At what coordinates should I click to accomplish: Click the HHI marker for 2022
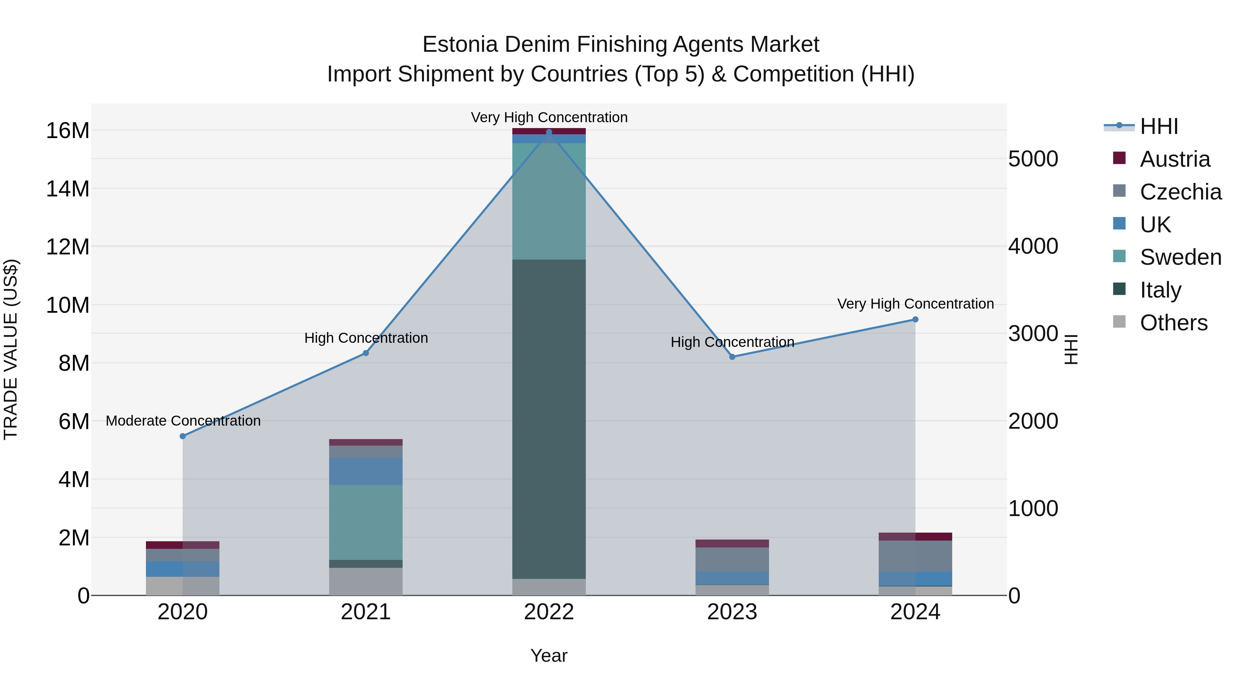click(x=549, y=132)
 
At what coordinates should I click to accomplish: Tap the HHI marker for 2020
click(x=183, y=436)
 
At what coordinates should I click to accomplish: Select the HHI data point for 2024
click(x=915, y=319)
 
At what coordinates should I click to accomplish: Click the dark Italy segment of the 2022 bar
click(x=549, y=419)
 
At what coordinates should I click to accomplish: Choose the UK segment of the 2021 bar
click(x=365, y=471)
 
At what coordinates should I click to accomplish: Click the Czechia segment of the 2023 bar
click(x=732, y=559)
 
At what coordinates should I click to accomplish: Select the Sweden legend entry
click(x=1180, y=257)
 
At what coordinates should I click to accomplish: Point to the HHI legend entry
click(x=1159, y=126)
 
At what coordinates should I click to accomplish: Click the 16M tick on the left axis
click(x=68, y=131)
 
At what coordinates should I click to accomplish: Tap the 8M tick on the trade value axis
click(x=74, y=363)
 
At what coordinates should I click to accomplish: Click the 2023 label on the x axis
click(x=732, y=612)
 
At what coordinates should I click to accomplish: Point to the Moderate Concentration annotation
click(x=183, y=421)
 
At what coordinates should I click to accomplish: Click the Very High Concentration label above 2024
click(x=915, y=304)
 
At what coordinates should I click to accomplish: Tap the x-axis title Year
click(x=549, y=656)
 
